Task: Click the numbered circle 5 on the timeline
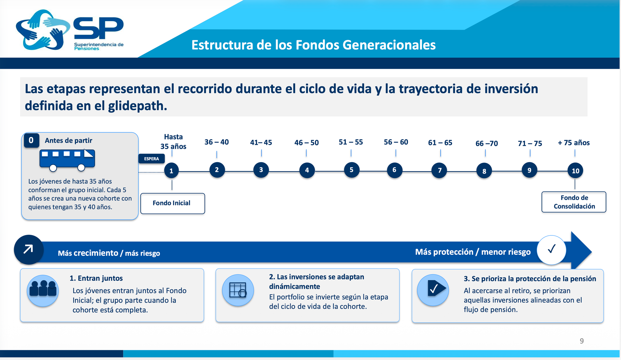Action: [351, 170]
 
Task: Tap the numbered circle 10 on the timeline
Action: [575, 171]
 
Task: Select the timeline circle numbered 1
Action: [171, 171]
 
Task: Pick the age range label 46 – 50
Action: [306, 143]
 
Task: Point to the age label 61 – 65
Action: [440, 143]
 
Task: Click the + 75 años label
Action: [573, 143]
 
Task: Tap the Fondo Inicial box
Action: [173, 203]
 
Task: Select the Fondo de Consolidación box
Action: [574, 202]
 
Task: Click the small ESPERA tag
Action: [152, 159]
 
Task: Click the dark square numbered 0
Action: [31, 140]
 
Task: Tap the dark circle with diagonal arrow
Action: [29, 249]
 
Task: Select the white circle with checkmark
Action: [551, 250]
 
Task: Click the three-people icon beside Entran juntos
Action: [43, 291]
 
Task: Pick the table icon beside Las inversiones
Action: [238, 290]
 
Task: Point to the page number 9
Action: [582, 341]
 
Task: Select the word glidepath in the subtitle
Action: [138, 106]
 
